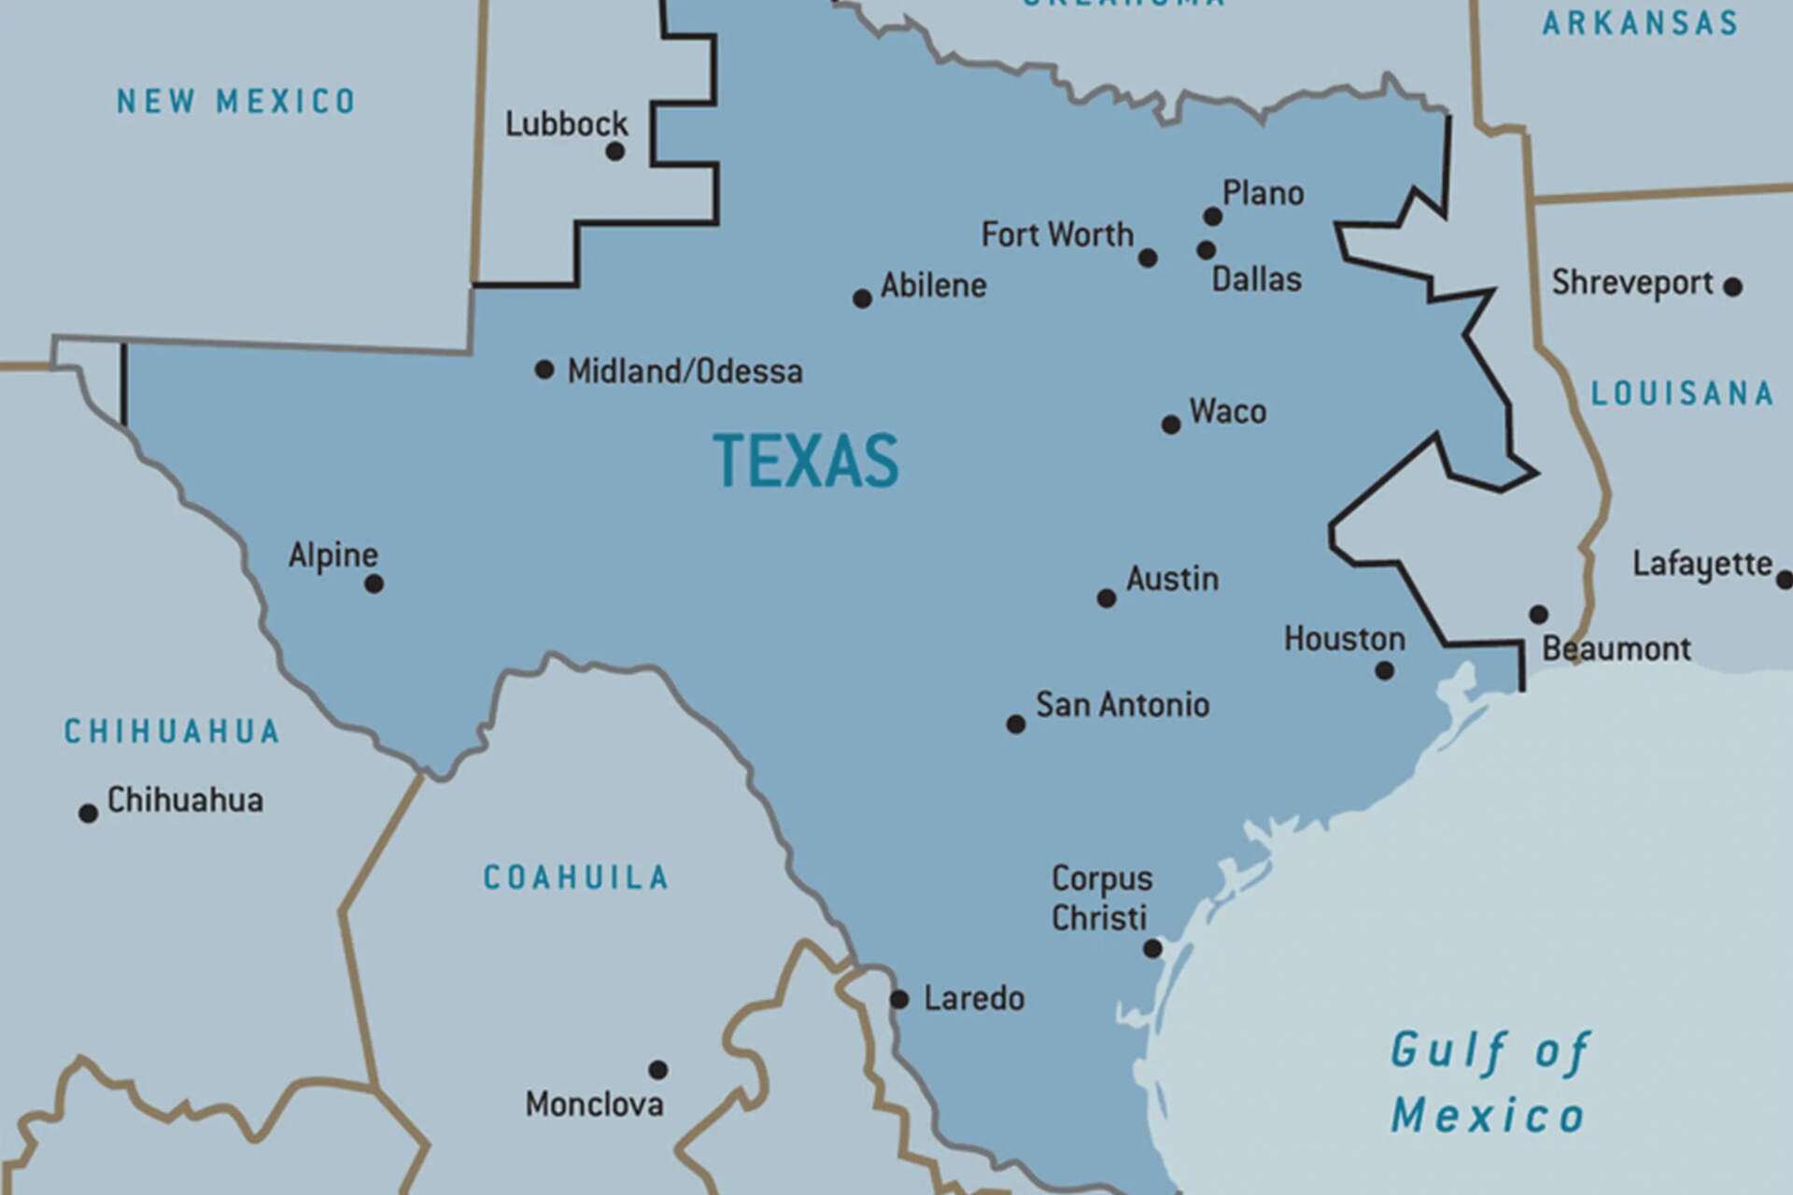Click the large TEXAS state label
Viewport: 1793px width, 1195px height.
(805, 461)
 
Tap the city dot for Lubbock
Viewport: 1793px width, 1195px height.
(615, 151)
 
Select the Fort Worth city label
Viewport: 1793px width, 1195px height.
(1057, 234)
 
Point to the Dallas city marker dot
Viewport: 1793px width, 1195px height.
(1206, 250)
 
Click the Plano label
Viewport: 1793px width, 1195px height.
(1263, 193)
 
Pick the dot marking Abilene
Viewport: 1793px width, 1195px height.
(862, 299)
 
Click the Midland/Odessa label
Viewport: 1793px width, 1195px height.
(685, 372)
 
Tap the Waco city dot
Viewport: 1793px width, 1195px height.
(1171, 425)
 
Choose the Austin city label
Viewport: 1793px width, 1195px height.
(1172, 579)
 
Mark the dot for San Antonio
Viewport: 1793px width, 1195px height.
(1016, 724)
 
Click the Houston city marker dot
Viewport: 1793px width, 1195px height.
(1385, 670)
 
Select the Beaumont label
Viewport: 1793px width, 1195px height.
(1616, 649)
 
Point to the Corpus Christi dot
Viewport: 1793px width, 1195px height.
(1152, 949)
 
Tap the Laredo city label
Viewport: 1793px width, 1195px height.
(974, 999)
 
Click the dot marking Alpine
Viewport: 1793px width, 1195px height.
(374, 584)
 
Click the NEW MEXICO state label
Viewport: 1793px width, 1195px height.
(235, 101)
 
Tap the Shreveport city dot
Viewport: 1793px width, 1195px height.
(1732, 287)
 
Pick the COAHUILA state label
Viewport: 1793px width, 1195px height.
(575, 878)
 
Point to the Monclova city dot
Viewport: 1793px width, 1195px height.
(658, 1070)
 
